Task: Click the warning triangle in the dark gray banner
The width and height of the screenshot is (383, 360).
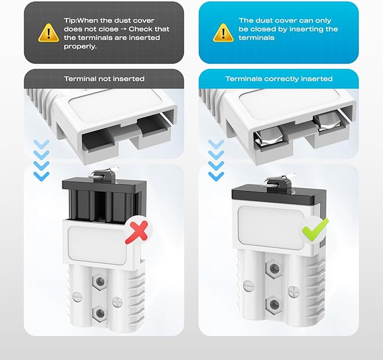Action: [49, 33]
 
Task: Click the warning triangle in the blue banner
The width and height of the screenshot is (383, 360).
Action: [223, 33]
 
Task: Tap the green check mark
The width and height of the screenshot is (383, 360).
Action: [315, 229]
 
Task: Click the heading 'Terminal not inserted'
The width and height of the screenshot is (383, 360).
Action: [104, 79]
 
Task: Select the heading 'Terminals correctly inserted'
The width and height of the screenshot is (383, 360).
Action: [279, 79]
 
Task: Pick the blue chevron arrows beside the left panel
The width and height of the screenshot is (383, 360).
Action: [41, 160]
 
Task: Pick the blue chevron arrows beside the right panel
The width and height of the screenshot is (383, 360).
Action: [216, 160]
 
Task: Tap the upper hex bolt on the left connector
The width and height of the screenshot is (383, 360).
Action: [100, 282]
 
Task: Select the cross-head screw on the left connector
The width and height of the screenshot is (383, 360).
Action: [117, 303]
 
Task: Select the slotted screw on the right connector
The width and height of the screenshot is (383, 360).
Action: [248, 286]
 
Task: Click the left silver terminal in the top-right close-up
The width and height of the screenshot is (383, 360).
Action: [268, 138]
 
